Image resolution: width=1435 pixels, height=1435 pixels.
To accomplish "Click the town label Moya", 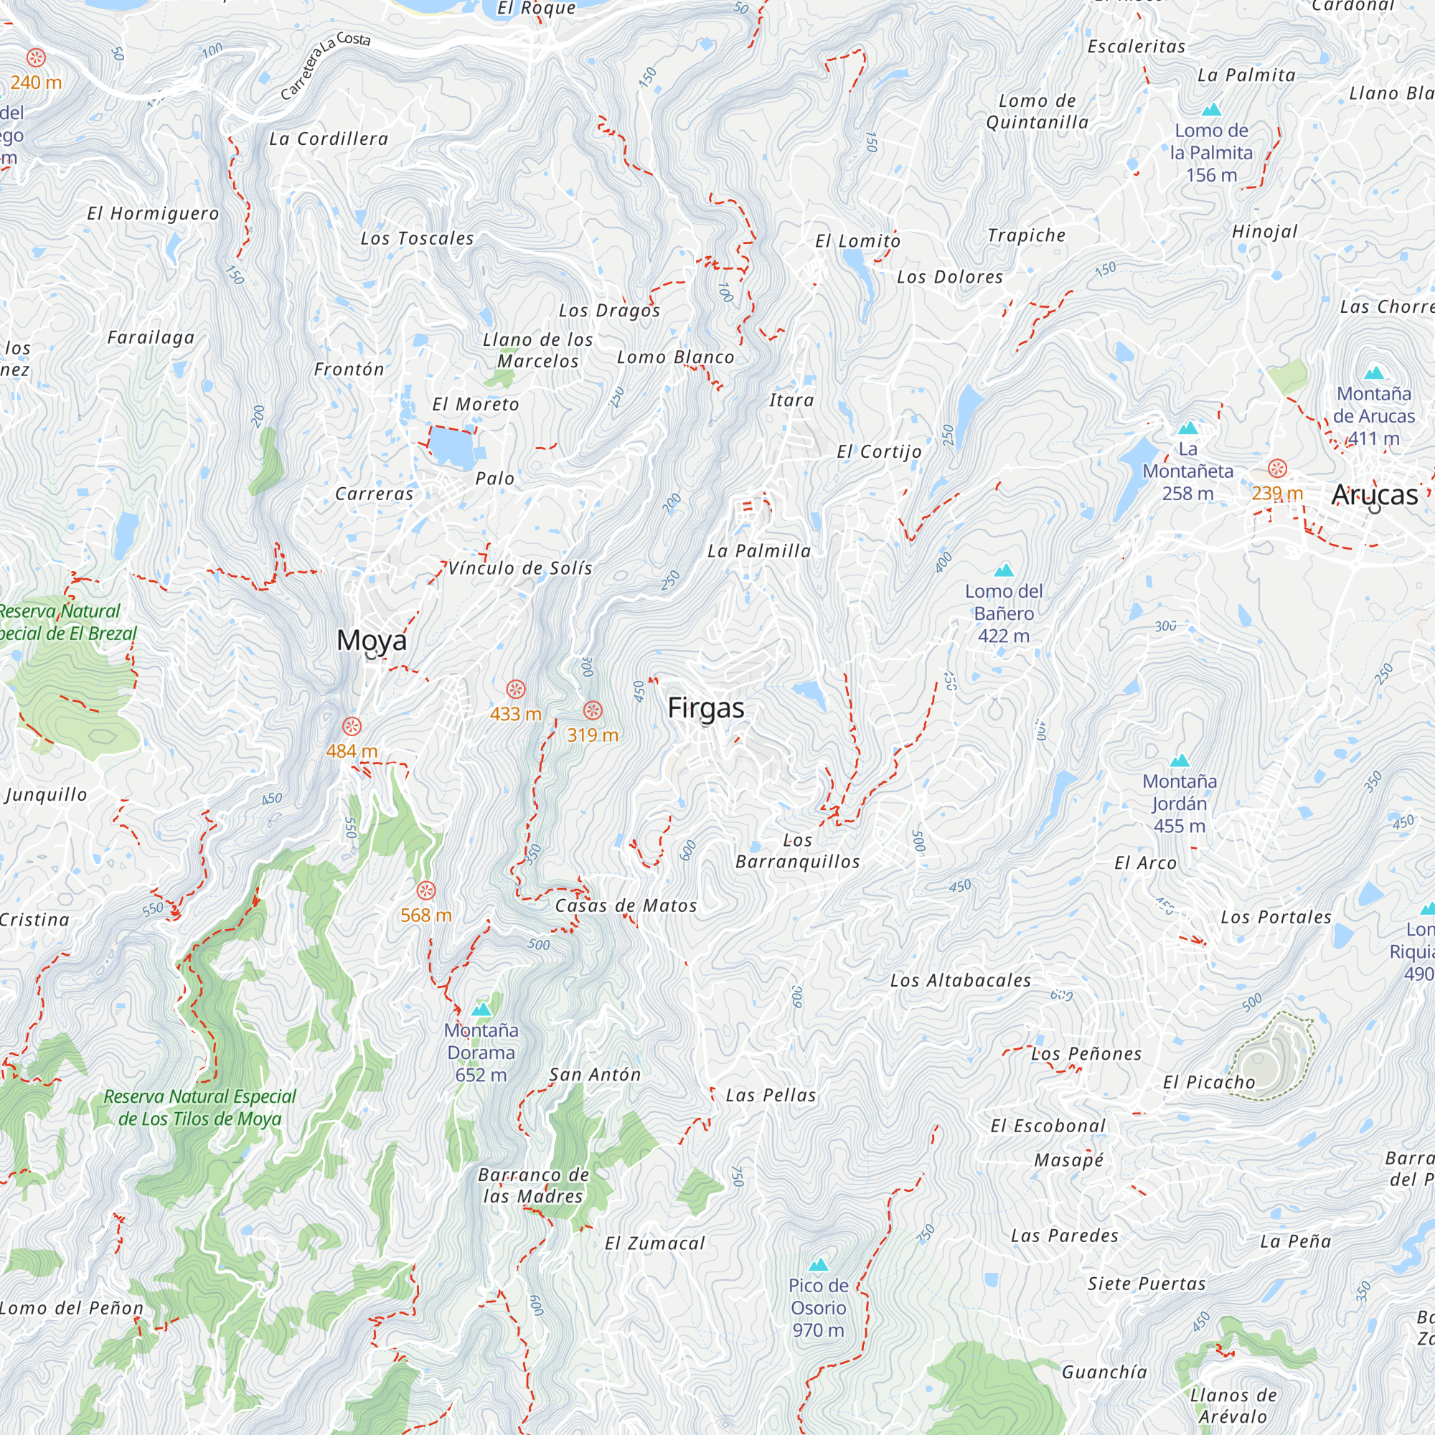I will coord(372,639).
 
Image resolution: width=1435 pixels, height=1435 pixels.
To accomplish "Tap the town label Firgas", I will coord(705,707).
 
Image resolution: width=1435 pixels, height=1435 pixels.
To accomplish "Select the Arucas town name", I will coord(1374,494).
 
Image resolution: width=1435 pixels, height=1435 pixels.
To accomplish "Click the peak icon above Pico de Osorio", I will coord(819,1264).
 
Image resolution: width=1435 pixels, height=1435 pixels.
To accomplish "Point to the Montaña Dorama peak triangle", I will coord(481,1010).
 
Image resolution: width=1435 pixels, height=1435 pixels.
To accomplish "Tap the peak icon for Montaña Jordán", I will coord(1180,761).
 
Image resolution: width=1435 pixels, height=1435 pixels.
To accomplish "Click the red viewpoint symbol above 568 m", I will coord(425,890).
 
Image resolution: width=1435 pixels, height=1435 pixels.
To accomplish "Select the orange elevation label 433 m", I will coord(514,714).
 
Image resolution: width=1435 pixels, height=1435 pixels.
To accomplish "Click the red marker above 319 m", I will coord(592,710).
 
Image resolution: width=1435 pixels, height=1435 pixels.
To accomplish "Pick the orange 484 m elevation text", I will coord(352,751).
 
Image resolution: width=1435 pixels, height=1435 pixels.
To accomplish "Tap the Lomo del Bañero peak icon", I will coord(1004,570).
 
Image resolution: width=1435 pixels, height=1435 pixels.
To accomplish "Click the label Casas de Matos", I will coord(626,905).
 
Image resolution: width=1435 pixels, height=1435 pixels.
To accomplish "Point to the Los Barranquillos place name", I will coord(797,851).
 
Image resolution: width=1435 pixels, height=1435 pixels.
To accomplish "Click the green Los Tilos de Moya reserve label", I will coord(199,1107).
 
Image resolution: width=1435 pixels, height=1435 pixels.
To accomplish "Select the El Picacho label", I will coord(1208,1082).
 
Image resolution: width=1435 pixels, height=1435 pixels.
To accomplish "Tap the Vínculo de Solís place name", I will coord(520,568).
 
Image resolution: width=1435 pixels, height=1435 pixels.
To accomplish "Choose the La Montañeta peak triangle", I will coord(1187,428).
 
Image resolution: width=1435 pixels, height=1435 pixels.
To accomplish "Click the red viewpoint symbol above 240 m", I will coord(36,58).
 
